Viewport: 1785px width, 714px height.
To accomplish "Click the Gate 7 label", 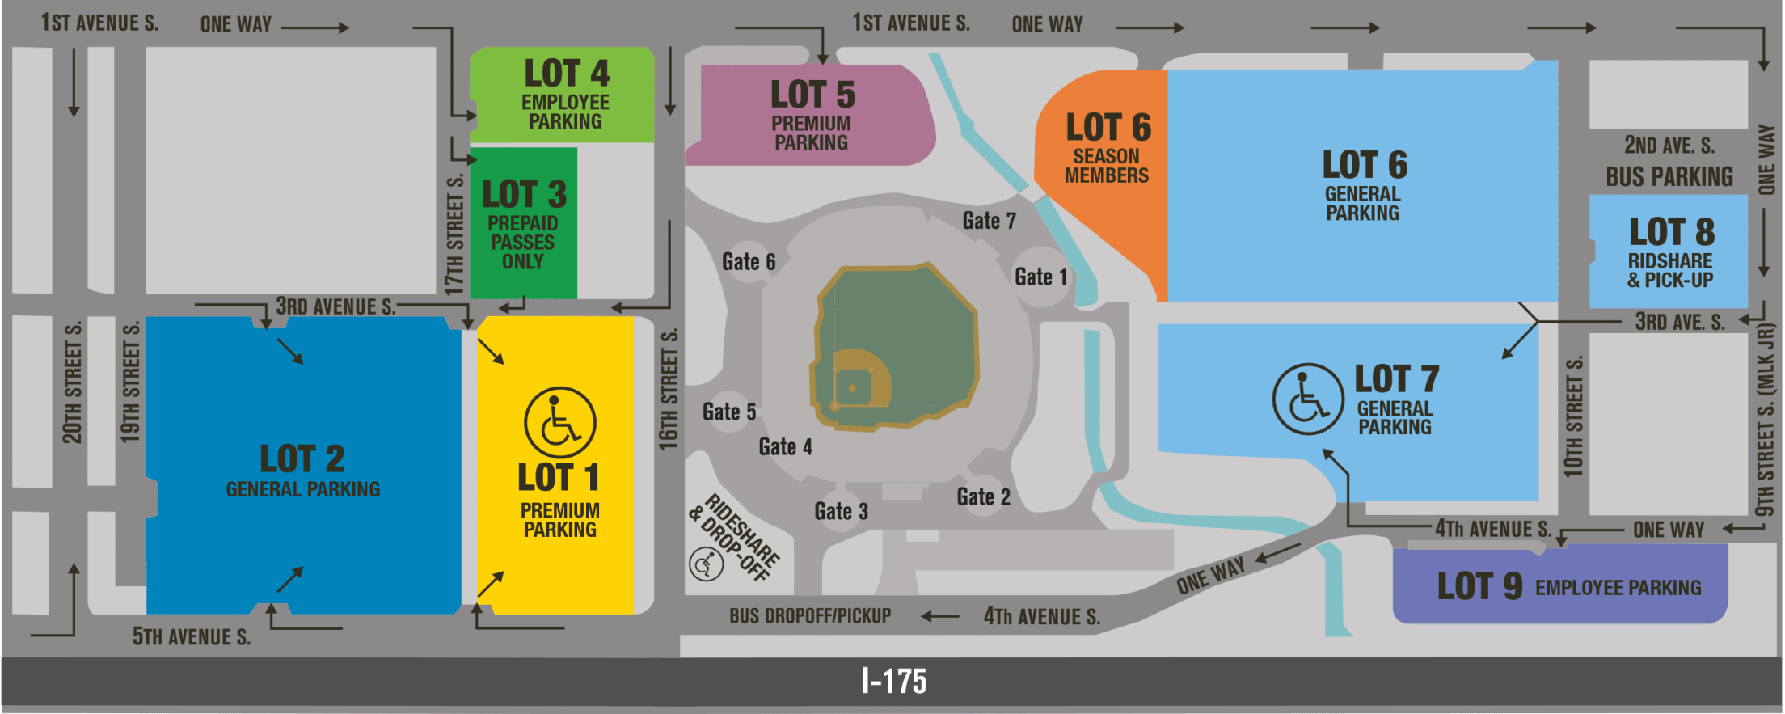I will [989, 221].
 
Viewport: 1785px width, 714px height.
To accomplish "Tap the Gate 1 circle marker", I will [1040, 277].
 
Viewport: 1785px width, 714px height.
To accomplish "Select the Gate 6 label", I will [748, 262].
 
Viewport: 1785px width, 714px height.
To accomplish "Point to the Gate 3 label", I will [841, 511].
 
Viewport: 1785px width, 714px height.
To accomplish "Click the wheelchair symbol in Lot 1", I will [559, 423].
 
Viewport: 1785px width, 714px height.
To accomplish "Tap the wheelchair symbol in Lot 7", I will [1308, 399].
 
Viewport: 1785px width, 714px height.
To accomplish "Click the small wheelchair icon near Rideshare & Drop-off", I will [706, 564].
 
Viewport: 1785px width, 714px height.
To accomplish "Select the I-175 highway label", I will [893, 682].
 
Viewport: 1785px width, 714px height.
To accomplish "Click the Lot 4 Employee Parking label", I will [566, 94].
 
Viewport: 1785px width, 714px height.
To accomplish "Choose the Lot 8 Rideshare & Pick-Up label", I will [1670, 252].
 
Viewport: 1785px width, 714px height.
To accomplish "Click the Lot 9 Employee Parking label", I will [1568, 587].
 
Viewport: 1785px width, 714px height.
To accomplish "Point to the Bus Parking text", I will [1669, 177].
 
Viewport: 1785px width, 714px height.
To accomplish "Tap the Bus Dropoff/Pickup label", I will [809, 616].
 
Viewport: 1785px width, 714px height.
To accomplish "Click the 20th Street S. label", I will [72, 382].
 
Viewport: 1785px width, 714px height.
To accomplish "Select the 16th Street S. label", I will [668, 389].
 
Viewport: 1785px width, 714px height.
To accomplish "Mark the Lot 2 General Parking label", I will [302, 470].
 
